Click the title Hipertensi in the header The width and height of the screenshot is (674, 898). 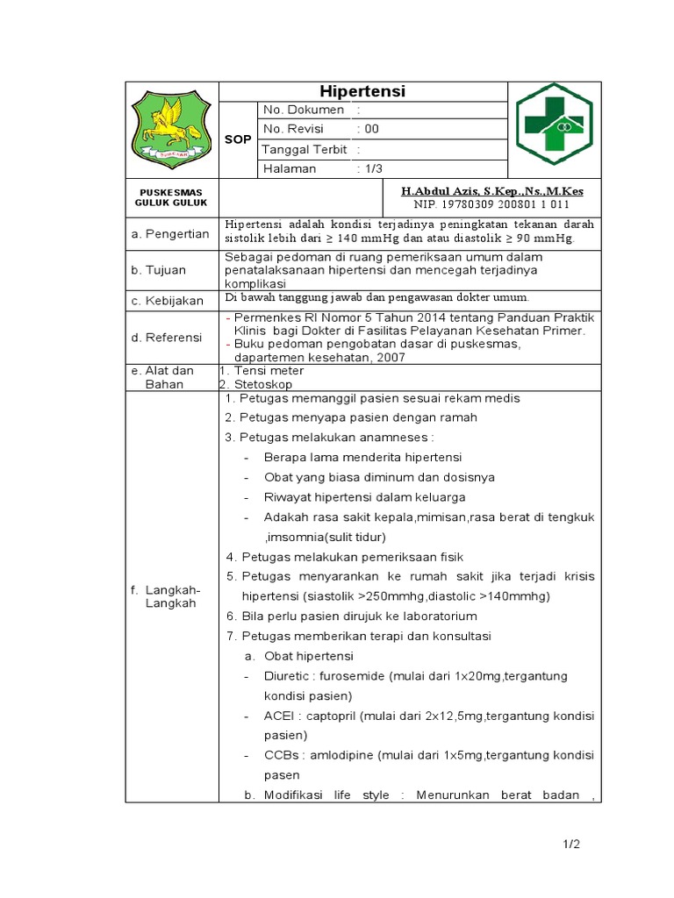pos(362,92)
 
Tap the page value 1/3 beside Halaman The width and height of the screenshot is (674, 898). pos(372,169)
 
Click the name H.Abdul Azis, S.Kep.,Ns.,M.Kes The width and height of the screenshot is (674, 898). pos(491,190)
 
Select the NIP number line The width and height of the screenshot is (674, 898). pos(491,203)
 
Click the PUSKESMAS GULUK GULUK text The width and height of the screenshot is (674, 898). pos(171,197)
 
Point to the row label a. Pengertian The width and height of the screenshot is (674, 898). pos(169,234)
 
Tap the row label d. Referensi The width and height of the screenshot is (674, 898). pos(166,338)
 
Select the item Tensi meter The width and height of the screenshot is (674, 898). pos(262,371)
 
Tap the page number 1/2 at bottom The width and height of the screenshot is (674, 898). pos(571,845)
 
